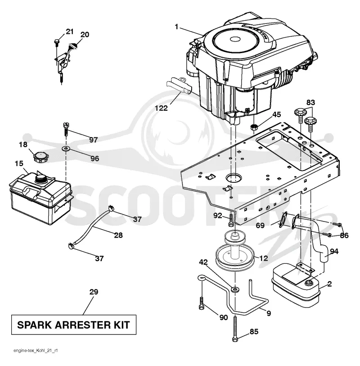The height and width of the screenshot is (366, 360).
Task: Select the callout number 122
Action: [x=161, y=108]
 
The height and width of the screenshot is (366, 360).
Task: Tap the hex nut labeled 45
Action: [x=254, y=128]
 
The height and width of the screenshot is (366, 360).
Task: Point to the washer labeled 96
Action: [x=66, y=148]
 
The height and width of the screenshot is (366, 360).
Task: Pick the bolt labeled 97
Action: [x=66, y=129]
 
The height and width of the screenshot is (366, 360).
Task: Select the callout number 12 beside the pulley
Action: [x=263, y=258]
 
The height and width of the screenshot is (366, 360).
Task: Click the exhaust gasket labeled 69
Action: [x=283, y=220]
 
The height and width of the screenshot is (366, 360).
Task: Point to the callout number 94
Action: [x=334, y=251]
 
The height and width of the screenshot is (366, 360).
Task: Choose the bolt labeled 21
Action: [x=57, y=42]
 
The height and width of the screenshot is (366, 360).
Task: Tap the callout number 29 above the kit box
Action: [x=94, y=292]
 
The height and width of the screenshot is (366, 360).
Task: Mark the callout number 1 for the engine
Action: [x=176, y=27]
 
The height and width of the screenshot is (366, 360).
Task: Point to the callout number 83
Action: [x=310, y=103]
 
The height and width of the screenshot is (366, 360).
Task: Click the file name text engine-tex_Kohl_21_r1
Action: [x=36, y=351]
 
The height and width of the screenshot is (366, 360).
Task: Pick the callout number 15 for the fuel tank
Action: [x=19, y=163]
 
